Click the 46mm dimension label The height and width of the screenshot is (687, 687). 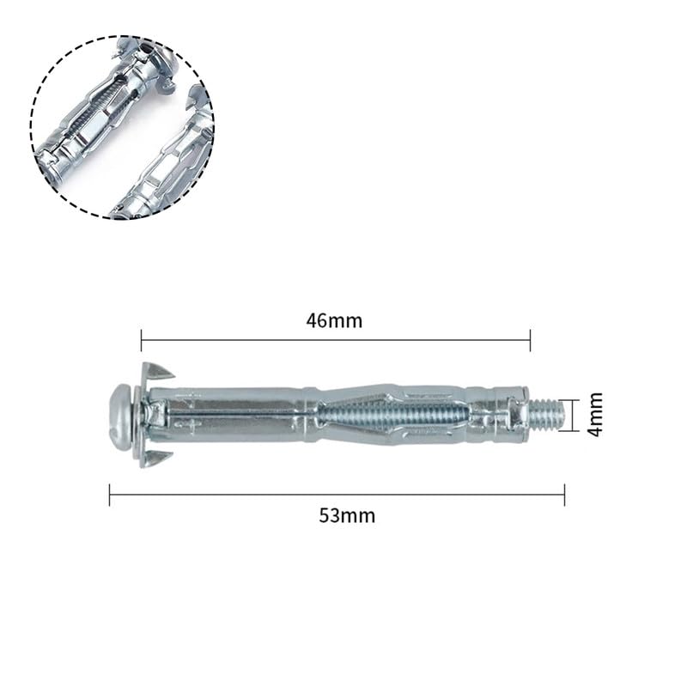tap(334, 320)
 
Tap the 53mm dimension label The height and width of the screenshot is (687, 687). tap(347, 515)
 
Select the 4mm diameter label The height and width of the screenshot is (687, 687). tap(595, 415)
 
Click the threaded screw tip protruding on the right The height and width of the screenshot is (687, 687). tap(547, 415)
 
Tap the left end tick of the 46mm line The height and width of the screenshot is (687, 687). tap(141, 340)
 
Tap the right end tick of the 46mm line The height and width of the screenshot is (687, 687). tap(530, 340)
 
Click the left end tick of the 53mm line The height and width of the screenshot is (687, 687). tap(110, 495)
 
